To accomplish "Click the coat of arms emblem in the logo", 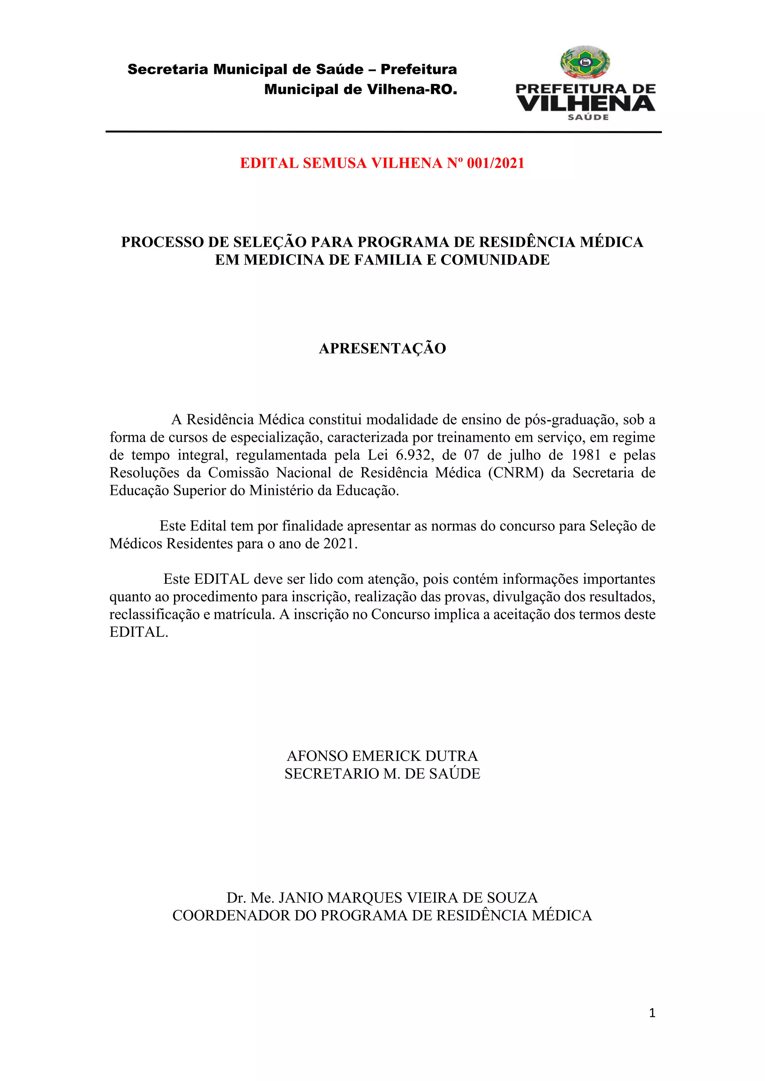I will pyautogui.click(x=585, y=62).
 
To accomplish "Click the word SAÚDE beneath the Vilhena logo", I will pyautogui.click(x=588, y=117).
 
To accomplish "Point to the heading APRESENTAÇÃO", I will pyautogui.click(x=382, y=348).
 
